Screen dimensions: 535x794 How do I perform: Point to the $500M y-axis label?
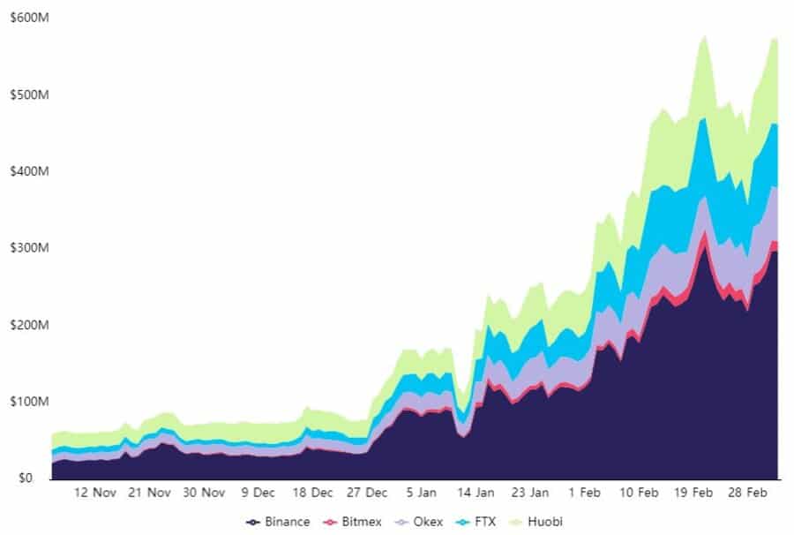coord(25,94)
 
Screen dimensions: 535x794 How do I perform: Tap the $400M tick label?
coord(25,171)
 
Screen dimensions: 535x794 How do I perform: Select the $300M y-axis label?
coord(25,248)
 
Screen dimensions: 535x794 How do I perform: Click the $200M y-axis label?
coord(25,325)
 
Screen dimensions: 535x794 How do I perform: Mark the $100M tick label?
coord(25,402)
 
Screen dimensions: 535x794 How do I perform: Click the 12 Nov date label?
coord(95,493)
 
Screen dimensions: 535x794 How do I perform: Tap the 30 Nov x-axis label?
coord(204,493)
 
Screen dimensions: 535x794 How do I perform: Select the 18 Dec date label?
coord(312,493)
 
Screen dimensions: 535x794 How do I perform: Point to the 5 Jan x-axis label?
coord(421,493)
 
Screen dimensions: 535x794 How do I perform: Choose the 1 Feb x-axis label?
coord(583,493)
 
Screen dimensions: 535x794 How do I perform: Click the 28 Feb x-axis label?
coord(746,493)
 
